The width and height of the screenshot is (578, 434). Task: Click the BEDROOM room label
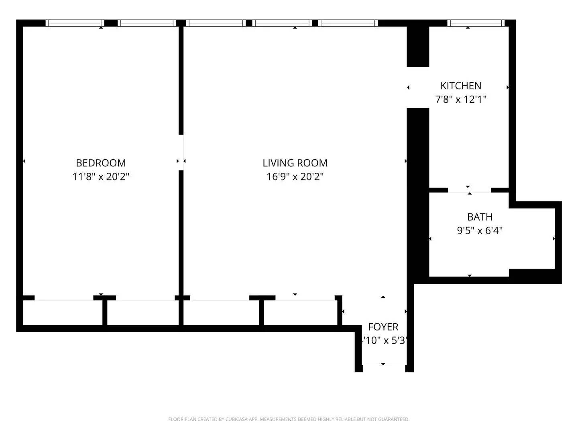pos(101,163)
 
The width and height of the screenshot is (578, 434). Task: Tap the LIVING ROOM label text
pos(295,163)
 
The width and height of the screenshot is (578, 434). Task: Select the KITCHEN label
pos(461,86)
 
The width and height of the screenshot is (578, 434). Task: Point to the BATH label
pos(480,217)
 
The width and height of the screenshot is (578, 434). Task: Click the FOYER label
pos(383,327)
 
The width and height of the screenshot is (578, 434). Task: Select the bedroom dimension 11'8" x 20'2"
pos(101,176)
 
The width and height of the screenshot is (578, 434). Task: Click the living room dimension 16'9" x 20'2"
pos(295,176)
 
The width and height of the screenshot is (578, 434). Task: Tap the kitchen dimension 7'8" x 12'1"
pos(461,99)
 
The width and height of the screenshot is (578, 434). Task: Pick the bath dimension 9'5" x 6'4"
pos(480,231)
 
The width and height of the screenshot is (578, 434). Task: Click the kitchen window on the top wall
pos(476,23)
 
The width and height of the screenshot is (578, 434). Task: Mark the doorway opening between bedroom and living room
pos(181,152)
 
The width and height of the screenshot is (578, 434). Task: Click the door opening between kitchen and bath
pos(470,190)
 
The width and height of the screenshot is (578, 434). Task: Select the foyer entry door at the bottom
pos(384,365)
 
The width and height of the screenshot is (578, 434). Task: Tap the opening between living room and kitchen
pos(418,87)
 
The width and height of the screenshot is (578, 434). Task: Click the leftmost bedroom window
pos(75,23)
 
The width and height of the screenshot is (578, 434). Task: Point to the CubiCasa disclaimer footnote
pos(289,419)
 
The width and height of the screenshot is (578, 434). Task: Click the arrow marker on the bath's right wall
pos(554,239)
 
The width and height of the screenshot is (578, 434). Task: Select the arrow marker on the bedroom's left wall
pos(24,161)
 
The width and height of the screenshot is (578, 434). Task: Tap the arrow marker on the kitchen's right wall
pos(508,87)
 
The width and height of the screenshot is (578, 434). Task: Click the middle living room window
pos(282,23)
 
